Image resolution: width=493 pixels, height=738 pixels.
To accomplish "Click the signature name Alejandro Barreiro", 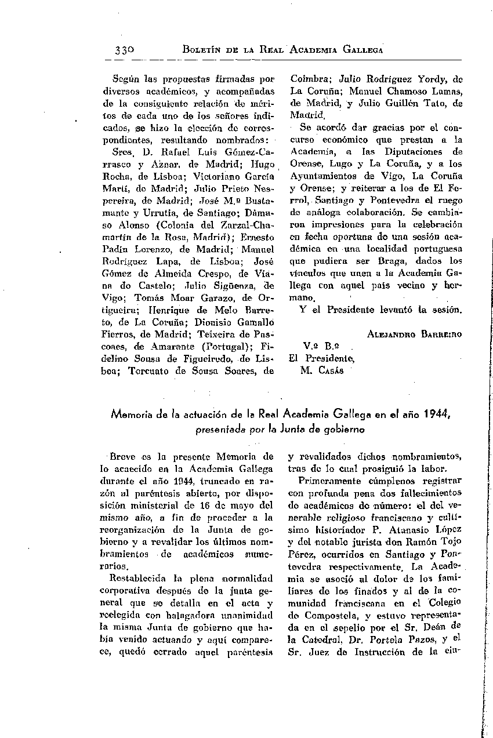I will click(x=415, y=335).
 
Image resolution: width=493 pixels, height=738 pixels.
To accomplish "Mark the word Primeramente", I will click(x=327, y=481).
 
